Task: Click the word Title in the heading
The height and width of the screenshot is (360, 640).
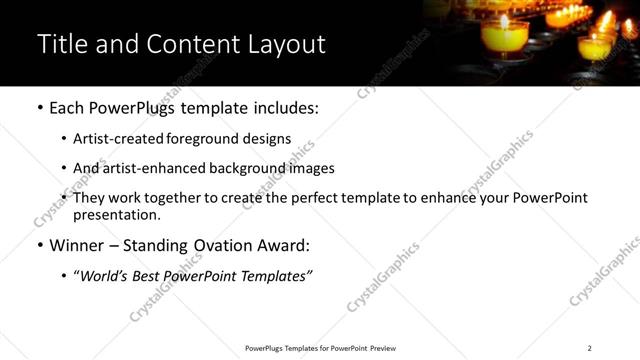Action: click(61, 45)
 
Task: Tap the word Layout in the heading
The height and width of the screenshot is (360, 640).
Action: click(282, 45)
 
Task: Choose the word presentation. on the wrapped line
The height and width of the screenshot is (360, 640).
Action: click(116, 214)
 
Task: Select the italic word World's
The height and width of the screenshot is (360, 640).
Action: click(109, 275)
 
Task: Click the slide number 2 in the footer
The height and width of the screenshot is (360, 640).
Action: click(589, 347)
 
